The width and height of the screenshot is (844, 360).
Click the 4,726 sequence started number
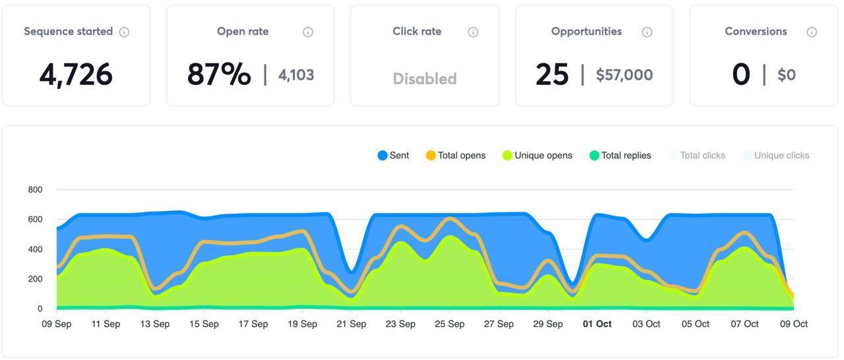[x=76, y=75]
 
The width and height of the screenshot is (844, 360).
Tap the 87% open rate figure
[x=219, y=75]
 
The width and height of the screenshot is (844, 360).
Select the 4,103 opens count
[x=296, y=75]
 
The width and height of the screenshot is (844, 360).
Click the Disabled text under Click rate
[x=425, y=78]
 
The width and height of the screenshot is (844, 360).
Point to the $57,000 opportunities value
[x=624, y=75]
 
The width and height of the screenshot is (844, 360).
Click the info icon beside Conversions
[x=812, y=32]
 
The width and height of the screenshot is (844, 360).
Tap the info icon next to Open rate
[x=308, y=32]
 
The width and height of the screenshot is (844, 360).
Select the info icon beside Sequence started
[x=124, y=32]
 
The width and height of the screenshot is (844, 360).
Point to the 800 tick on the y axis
[x=35, y=190]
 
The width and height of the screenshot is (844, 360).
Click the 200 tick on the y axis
[x=35, y=279]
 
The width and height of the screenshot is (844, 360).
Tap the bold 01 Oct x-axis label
[x=597, y=324]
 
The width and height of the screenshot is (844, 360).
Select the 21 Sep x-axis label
[x=351, y=324]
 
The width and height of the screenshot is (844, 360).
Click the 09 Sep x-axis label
[x=56, y=324]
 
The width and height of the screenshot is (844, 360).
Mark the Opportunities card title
[x=586, y=31]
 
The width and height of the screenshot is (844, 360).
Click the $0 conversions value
[x=787, y=75]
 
